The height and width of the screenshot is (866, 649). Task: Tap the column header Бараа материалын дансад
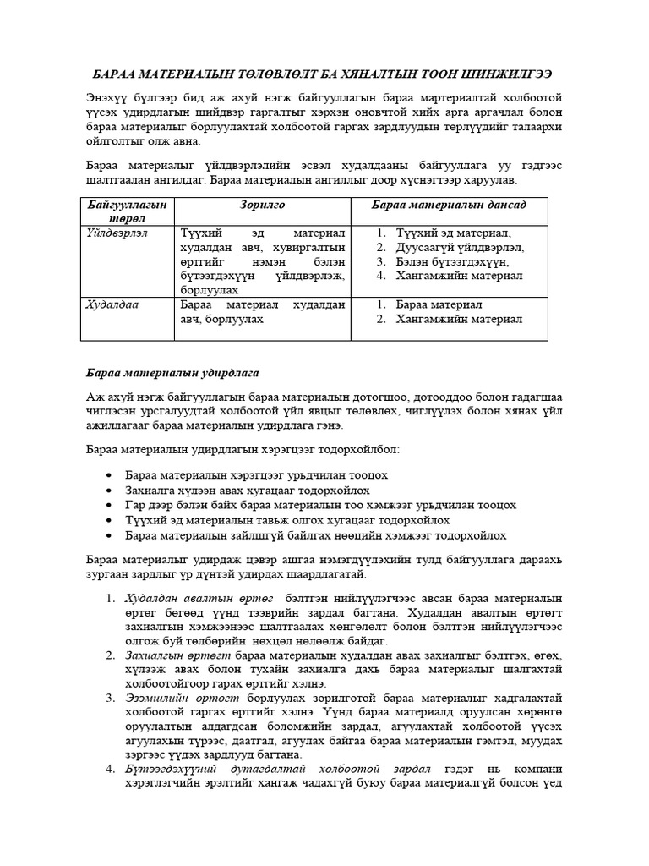450,206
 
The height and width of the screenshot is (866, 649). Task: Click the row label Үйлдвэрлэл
117,233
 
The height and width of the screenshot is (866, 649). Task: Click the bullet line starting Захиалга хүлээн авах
247,490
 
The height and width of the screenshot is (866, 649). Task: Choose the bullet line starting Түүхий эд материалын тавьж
286,520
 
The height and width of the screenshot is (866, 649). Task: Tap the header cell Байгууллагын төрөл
127,212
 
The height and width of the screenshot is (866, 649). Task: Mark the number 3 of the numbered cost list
110,698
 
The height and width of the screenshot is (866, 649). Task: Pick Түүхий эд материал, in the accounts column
454,233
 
